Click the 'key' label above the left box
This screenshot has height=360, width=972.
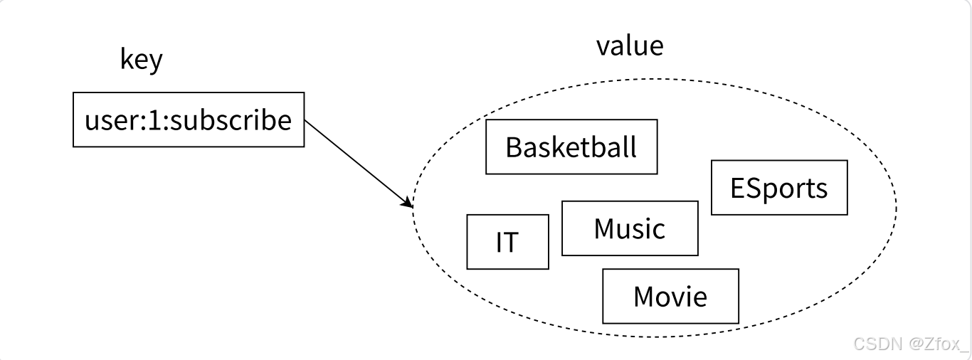pos(141,60)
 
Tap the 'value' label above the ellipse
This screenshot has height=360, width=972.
pos(630,46)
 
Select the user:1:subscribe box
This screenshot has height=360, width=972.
pos(189,120)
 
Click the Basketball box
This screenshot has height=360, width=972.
pos(571,147)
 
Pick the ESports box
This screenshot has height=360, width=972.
pos(779,187)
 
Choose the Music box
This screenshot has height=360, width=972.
pos(630,228)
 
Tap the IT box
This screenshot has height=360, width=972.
pos(507,242)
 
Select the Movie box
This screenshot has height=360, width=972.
pos(670,296)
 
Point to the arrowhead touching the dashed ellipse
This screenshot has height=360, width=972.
pos(409,203)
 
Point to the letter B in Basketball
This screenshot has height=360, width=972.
pos(514,147)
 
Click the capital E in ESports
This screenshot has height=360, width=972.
pos(737,188)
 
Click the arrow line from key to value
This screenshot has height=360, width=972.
pos(356,162)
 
